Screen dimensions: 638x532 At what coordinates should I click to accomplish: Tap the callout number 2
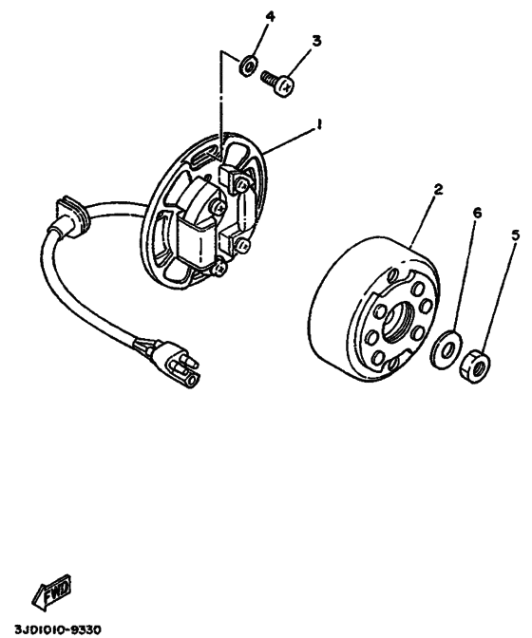pyautogui.click(x=438, y=189)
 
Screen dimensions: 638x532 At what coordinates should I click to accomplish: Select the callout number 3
pyautogui.click(x=316, y=42)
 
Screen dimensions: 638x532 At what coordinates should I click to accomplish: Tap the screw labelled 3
pyautogui.click(x=277, y=84)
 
